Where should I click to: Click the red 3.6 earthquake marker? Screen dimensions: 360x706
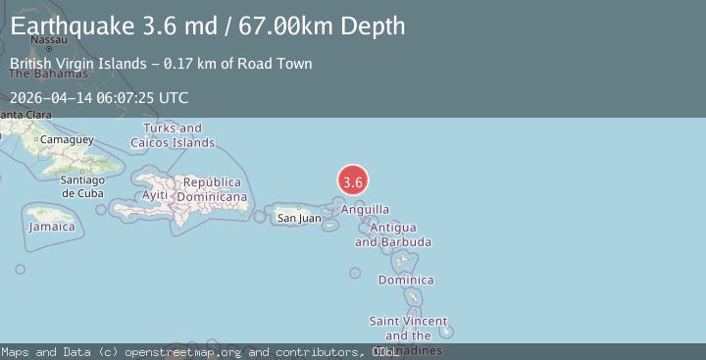coord(353,180)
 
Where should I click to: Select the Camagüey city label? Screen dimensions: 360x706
coord(66,139)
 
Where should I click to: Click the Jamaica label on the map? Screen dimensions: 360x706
coord(52,227)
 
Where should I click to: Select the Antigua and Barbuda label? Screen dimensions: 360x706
coord(392,234)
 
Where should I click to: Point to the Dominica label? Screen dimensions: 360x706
coord(405,281)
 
